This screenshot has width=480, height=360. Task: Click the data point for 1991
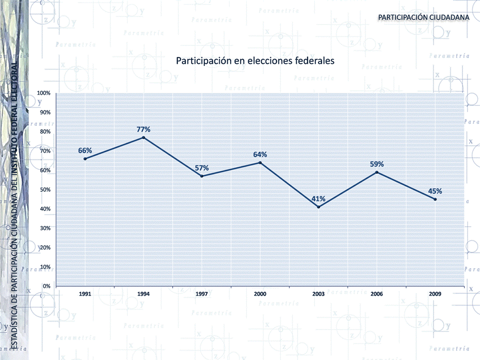(85, 159)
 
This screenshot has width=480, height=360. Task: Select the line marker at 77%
(143, 137)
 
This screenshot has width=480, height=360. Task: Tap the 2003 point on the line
(318, 207)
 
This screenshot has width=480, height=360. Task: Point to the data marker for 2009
(435, 199)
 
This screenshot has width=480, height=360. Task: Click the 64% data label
(260, 154)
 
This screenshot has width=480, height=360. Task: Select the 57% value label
(202, 168)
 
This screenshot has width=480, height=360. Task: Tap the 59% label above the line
(377, 164)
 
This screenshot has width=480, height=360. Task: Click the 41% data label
(319, 199)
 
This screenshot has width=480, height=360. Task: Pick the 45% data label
(435, 191)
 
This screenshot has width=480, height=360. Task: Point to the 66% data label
(85, 150)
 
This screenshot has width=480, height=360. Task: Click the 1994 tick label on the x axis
(143, 294)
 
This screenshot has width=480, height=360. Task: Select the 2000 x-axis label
(260, 294)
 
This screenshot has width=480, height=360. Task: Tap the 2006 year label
(377, 294)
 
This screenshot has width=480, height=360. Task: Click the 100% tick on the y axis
(44, 93)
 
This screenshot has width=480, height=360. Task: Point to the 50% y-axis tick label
(45, 190)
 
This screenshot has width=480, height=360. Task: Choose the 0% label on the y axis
(47, 286)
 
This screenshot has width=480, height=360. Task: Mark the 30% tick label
(45, 228)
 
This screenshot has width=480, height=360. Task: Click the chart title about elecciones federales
(255, 61)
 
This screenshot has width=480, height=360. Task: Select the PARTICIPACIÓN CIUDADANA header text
(424, 17)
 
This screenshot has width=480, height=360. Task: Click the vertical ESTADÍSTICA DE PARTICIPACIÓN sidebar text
(14, 205)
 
